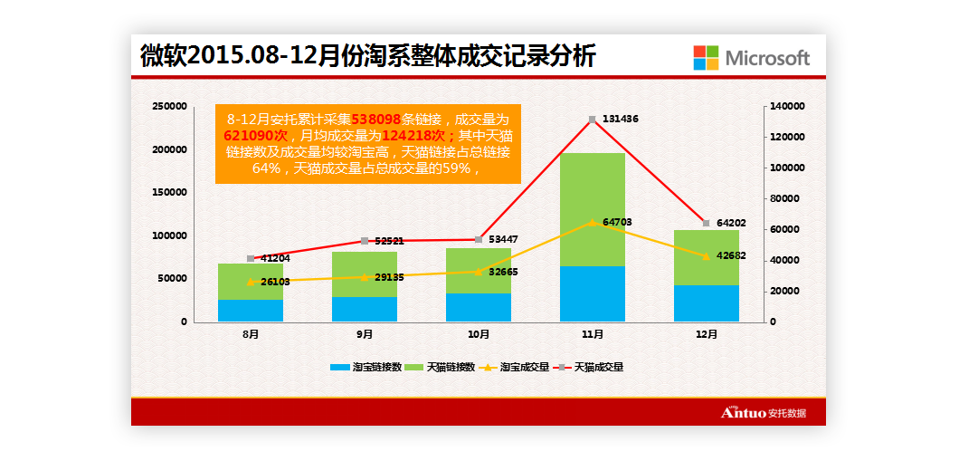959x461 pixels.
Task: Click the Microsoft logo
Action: tap(751, 57)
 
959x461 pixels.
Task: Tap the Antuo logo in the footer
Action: tap(763, 413)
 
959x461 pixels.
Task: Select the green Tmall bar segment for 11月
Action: tap(593, 209)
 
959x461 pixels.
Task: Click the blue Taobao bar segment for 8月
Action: tap(251, 310)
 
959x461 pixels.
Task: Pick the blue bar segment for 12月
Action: tap(707, 303)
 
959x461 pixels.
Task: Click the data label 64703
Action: tap(618, 222)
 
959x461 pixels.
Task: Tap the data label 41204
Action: tap(273, 259)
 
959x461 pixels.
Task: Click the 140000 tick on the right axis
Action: tap(787, 107)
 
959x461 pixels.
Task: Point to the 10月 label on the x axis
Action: tap(479, 334)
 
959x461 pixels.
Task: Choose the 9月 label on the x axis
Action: tap(365, 334)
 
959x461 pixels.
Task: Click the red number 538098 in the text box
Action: tap(376, 119)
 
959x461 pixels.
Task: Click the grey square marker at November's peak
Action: tap(593, 120)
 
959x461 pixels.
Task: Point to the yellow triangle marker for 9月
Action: tap(365, 277)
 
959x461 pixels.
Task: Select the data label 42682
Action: tap(731, 255)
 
